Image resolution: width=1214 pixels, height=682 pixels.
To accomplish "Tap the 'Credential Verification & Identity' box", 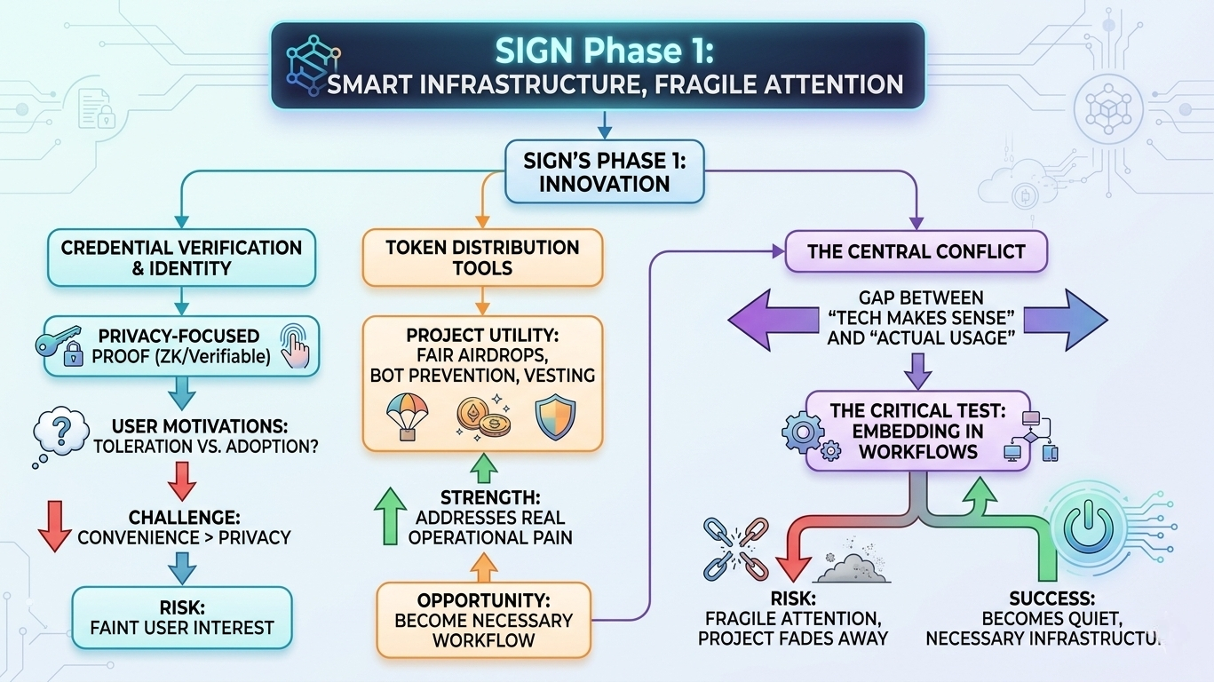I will click(x=181, y=258).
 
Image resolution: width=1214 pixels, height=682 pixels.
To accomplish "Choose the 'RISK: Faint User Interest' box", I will click(x=182, y=618).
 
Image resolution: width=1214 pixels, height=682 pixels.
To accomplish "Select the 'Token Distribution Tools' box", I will click(x=482, y=257).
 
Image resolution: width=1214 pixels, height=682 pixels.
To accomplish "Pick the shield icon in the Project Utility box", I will click(x=554, y=416).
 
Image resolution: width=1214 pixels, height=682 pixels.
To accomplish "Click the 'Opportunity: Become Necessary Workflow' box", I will click(x=483, y=619).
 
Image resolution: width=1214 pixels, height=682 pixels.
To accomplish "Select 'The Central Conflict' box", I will click(x=915, y=251).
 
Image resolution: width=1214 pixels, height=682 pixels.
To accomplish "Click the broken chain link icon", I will click(x=734, y=545).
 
